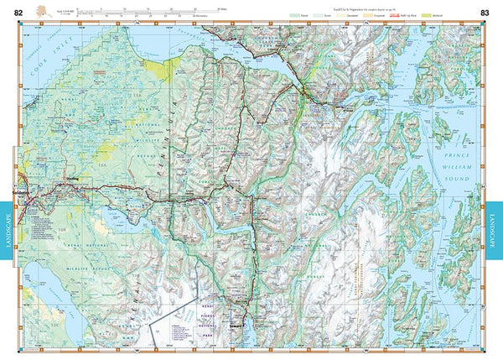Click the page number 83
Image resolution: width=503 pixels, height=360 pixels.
pyautogui.click(x=485, y=11)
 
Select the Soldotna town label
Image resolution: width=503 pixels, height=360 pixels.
pyautogui.click(x=23, y=190)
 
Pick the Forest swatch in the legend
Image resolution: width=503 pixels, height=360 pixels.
pyautogui.click(x=295, y=15)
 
